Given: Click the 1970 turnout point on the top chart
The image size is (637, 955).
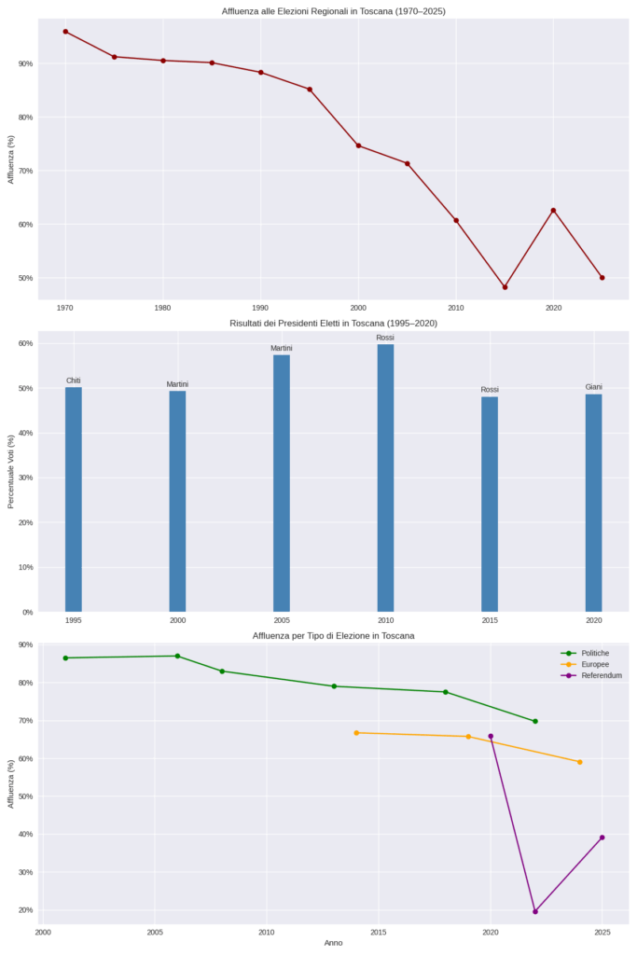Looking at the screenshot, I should [65, 32].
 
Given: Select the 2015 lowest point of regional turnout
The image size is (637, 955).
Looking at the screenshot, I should [505, 287].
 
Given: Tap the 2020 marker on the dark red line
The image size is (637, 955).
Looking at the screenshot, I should [553, 211].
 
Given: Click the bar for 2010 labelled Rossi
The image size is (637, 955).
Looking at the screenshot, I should [385, 477].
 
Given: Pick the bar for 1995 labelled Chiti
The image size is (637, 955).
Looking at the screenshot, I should [74, 499].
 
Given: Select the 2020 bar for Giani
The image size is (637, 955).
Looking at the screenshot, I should [593, 503].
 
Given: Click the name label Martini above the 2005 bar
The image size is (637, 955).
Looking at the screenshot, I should [282, 349].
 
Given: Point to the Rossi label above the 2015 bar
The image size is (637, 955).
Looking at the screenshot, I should [490, 390].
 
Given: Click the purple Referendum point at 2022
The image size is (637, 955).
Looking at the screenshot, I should [535, 911].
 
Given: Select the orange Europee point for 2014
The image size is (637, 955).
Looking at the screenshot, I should [356, 733].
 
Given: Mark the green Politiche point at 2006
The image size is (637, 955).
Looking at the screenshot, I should [177, 657].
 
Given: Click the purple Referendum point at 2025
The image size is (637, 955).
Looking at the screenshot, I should [602, 837].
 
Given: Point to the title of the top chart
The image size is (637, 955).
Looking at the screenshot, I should [334, 10].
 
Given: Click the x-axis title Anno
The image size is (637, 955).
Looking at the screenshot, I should [333, 943].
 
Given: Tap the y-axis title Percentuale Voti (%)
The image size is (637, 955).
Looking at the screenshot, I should [11, 470].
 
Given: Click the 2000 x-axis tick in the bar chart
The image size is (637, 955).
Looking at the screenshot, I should [177, 620].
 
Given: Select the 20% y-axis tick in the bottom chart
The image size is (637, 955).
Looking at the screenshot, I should [24, 910].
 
